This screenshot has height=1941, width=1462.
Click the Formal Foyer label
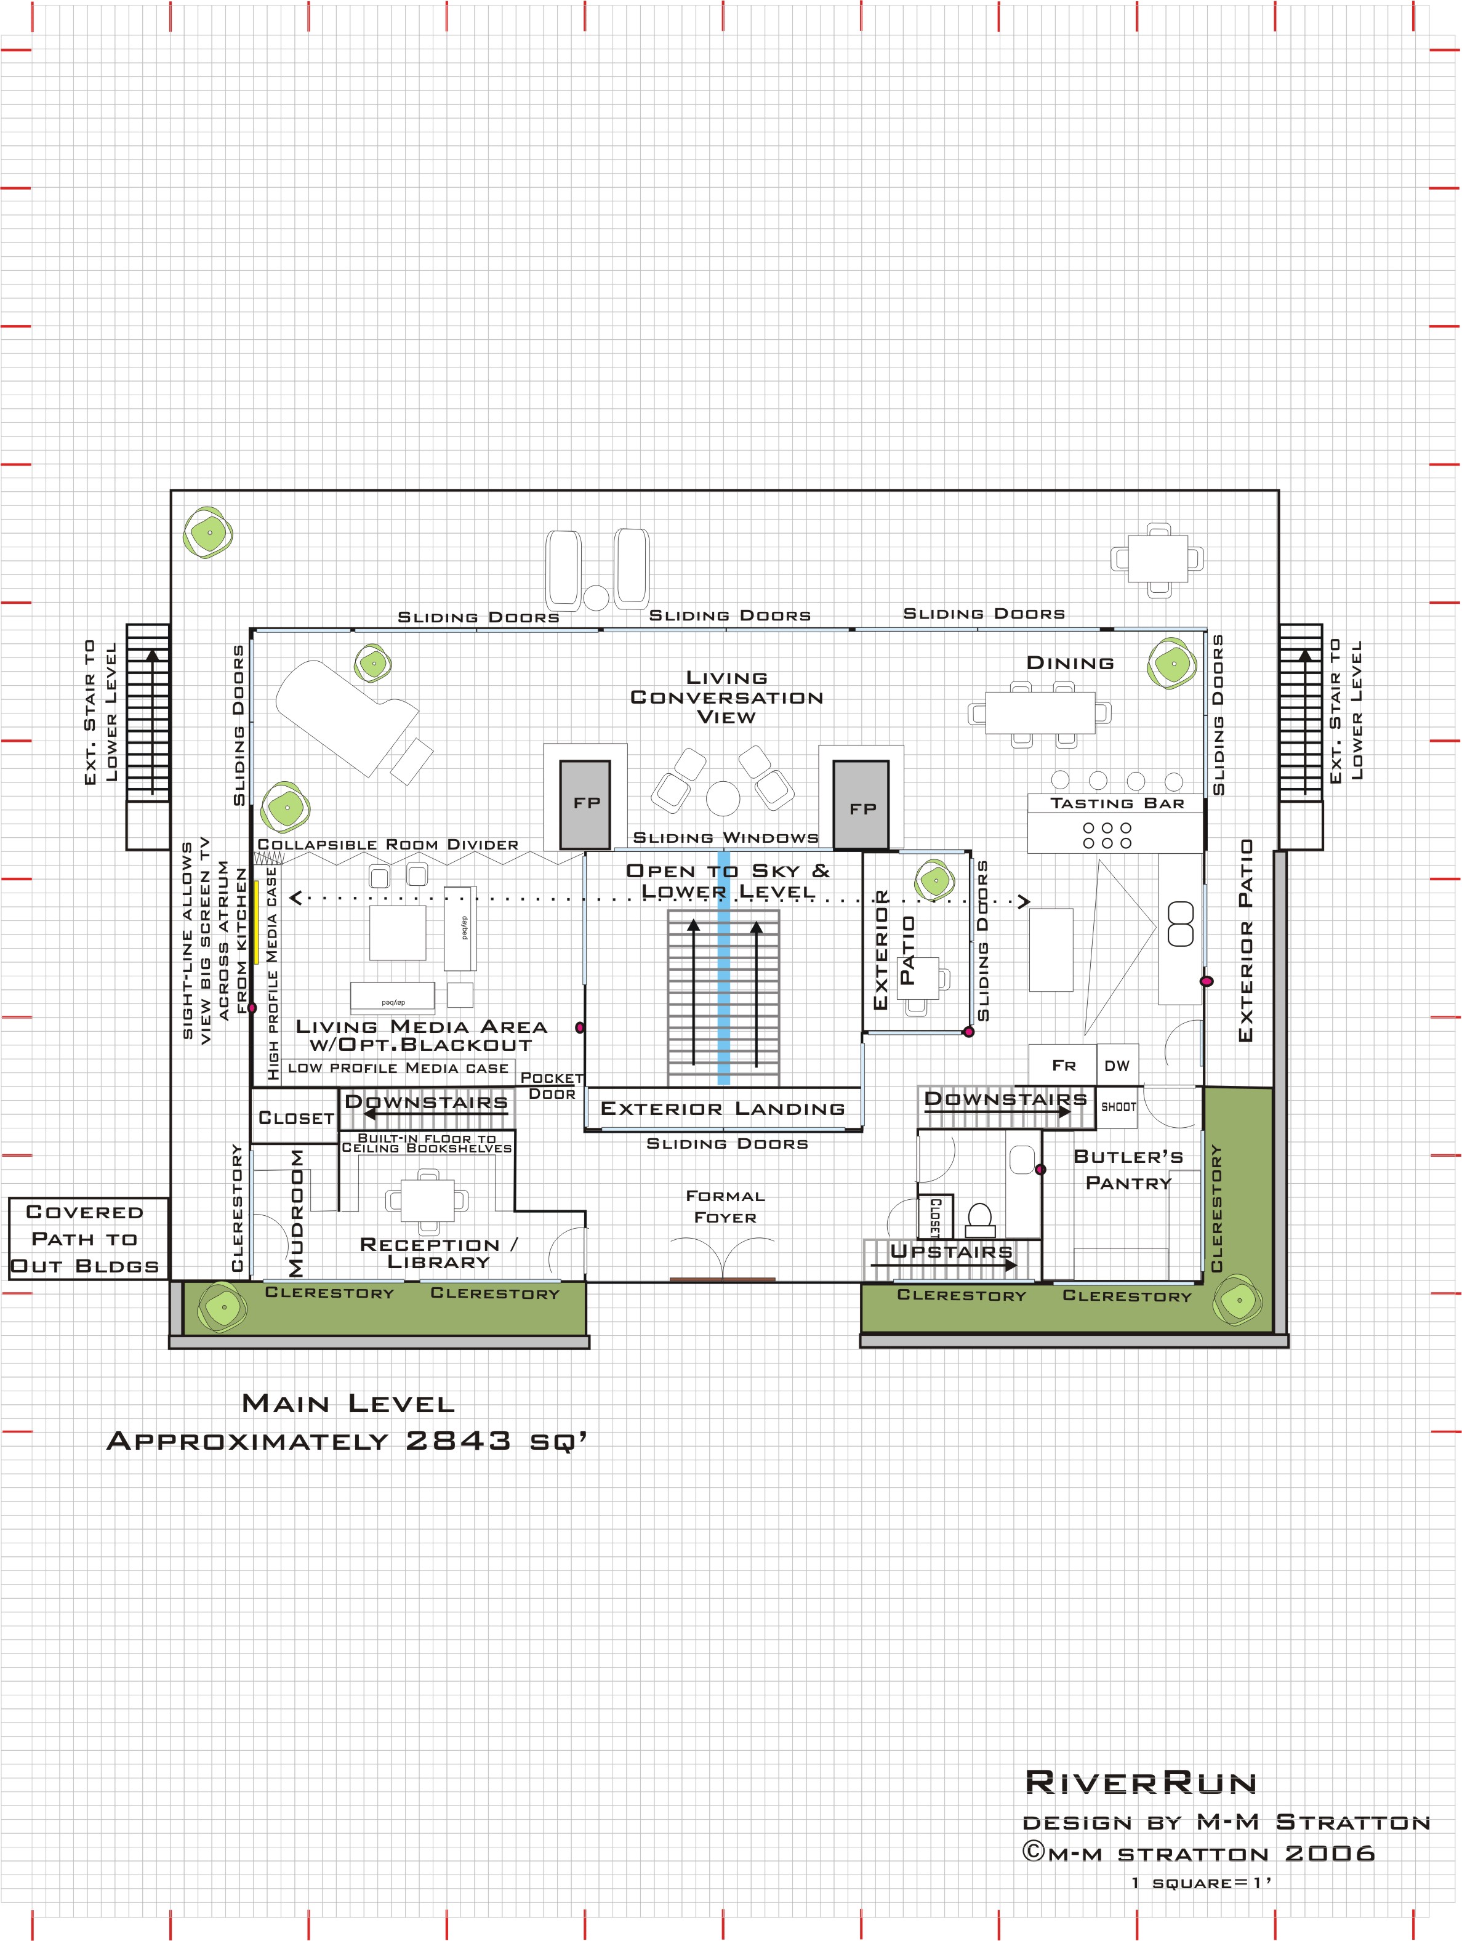725,1207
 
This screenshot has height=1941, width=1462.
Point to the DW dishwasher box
1117,1065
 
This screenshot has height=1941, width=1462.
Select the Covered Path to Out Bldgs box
85,1238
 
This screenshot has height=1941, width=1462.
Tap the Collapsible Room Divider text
388,844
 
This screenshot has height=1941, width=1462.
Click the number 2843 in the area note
458,1440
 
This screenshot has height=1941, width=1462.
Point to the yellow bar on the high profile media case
256,922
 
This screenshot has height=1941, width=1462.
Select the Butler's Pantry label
1128,1169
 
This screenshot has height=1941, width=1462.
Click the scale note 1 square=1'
1202,1882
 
